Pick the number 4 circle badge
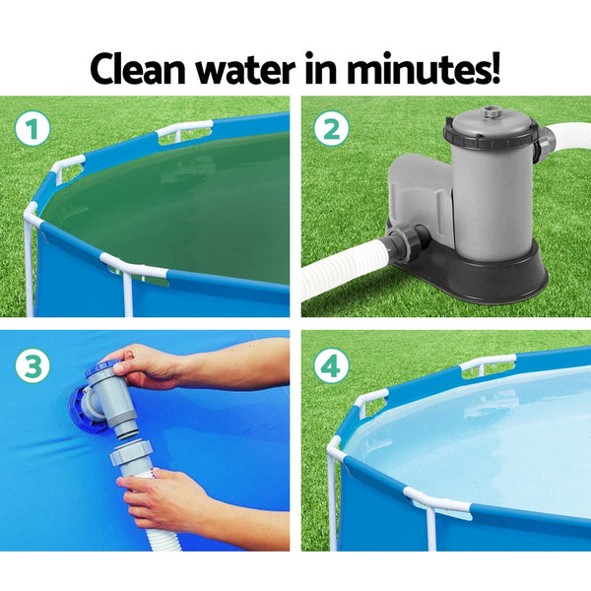[x=331, y=366]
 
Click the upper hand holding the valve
[x=148, y=366]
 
